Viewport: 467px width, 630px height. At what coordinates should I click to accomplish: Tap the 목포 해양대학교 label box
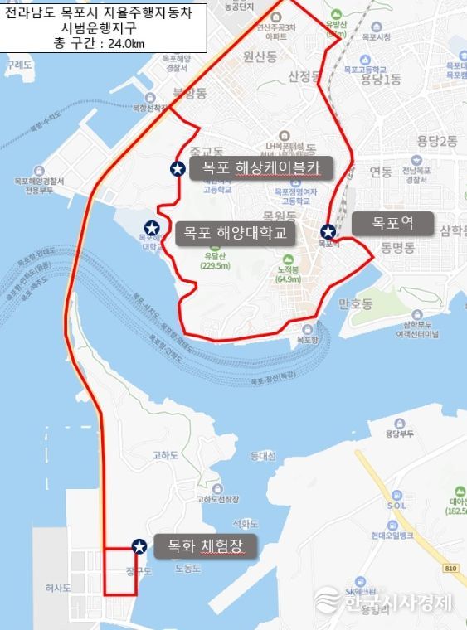[x=235, y=233]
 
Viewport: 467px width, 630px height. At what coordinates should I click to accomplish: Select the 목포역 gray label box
[x=392, y=223]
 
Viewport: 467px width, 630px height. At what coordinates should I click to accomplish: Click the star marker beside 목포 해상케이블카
[x=177, y=169]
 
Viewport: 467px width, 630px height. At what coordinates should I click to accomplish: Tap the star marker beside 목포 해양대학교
[x=153, y=228]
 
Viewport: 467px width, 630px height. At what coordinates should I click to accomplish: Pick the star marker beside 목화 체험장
[x=139, y=545]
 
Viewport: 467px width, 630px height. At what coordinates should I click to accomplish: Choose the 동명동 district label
[x=398, y=247]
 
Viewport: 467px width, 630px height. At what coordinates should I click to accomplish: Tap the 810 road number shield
[x=450, y=568]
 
